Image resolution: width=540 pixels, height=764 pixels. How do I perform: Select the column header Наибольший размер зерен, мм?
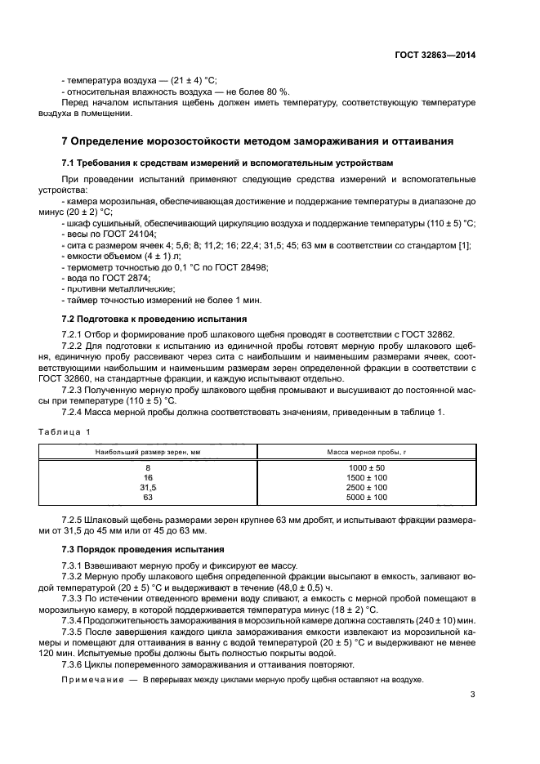coord(148,451)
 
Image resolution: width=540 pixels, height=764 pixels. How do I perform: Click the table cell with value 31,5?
coord(148,487)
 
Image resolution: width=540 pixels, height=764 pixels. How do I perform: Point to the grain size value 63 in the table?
coord(148,497)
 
